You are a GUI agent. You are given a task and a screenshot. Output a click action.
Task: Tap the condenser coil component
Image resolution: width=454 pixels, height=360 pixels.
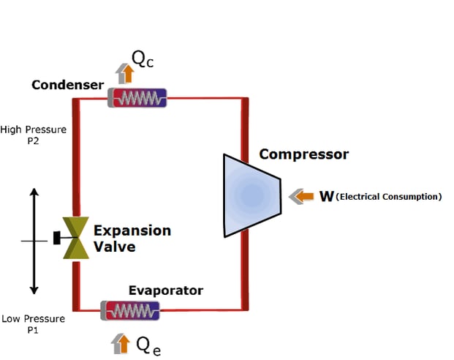tap(137, 97)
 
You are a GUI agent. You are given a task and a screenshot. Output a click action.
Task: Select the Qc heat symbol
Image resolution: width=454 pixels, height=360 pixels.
tap(143, 59)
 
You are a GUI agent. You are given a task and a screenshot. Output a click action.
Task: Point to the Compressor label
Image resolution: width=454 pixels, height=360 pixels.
tap(304, 154)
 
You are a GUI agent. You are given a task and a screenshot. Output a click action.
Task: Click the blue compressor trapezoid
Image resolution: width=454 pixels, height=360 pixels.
tap(251, 195)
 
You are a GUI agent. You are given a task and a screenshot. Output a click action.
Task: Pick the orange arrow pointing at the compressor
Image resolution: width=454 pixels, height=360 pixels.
tap(301, 196)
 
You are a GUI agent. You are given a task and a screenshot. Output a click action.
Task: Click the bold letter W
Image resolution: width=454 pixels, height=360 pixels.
tap(326, 196)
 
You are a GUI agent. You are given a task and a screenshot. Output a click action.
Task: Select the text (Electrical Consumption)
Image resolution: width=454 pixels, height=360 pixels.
tap(389, 197)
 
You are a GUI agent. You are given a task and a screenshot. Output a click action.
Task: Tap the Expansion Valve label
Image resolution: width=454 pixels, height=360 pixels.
tap(132, 239)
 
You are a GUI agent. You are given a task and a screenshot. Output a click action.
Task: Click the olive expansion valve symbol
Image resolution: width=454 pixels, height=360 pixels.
tap(75, 239)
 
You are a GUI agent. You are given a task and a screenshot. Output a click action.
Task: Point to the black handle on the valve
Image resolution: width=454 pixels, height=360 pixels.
tap(57, 239)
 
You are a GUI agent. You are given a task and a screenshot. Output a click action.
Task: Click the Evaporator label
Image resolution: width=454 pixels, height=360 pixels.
tap(165, 290)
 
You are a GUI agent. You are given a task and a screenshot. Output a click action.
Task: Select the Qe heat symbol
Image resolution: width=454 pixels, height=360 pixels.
tap(148, 345)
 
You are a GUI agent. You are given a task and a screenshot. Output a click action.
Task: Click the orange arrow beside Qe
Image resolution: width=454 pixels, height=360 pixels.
tap(121, 343)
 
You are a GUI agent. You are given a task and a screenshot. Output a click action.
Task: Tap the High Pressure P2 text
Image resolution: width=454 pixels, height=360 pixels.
tap(33, 135)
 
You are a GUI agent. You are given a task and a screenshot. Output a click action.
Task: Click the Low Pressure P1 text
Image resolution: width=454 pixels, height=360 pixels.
tap(32, 324)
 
